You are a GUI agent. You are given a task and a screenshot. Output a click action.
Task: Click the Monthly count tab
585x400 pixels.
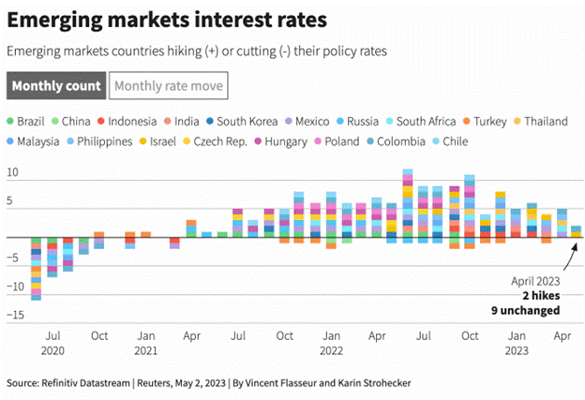(x=56, y=86)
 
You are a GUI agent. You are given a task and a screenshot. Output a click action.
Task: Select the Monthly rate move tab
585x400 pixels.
(x=168, y=86)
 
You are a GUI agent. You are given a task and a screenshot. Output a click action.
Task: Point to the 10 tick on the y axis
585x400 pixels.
(x=13, y=173)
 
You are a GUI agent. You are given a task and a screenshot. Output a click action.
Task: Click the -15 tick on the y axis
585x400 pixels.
(x=13, y=316)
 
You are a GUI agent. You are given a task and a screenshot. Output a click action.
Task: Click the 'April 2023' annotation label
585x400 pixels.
(x=535, y=280)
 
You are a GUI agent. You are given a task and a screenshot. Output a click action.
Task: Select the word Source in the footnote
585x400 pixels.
(x=25, y=382)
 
